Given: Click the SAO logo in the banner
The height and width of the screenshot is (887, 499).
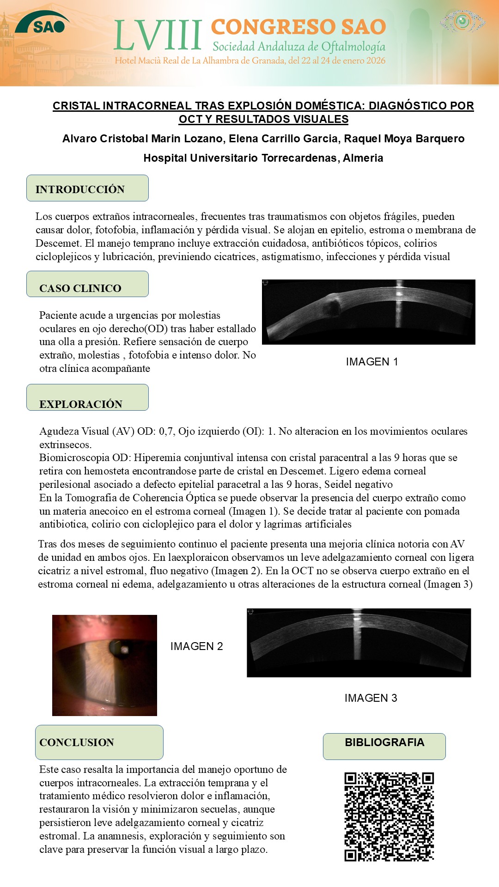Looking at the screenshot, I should tap(43, 23).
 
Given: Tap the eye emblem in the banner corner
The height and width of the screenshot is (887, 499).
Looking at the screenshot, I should tap(462, 21).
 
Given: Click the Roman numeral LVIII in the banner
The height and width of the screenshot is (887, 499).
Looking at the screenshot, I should tap(158, 36).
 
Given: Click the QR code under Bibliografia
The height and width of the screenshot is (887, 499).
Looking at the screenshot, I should tap(389, 816).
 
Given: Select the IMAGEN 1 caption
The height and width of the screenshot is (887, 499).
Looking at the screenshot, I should tap(371, 362).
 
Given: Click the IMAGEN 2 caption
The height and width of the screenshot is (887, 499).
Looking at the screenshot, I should tap(196, 646).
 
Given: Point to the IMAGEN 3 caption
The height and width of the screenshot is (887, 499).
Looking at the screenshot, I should tap(371, 698).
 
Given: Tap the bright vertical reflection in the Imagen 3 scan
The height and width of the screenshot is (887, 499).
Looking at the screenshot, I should tap(357, 633).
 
